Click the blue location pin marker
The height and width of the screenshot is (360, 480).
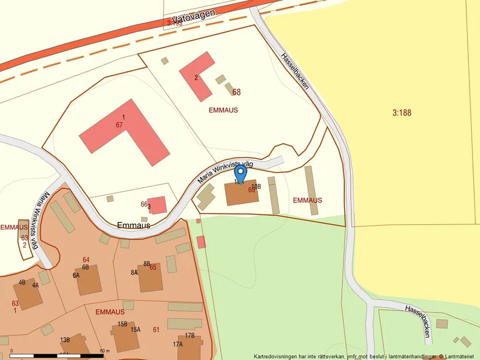[240, 173]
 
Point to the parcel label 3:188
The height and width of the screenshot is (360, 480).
[401, 113]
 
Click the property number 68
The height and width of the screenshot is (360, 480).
[236, 92]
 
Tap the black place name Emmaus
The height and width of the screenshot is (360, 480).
[134, 225]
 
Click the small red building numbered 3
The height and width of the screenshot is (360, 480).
[156, 205]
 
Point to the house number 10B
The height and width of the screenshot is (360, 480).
[256, 186]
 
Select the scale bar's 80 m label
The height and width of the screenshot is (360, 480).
[105, 351]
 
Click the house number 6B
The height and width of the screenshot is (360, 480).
[85, 267]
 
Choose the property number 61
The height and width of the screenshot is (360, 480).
[156, 330]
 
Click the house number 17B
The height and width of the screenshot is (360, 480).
[190, 336]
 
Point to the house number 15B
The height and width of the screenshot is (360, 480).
[122, 324]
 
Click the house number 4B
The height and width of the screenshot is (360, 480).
[22, 282]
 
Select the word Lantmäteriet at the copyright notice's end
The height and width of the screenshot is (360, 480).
[460, 356]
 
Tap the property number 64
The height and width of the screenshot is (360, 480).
[86, 259]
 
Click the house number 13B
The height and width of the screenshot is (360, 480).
[65, 340]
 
